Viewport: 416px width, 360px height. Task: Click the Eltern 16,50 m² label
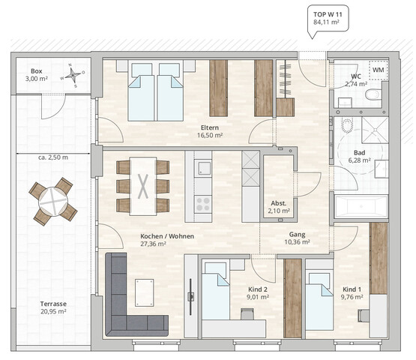(x=210, y=132)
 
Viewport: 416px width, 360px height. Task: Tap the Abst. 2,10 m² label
(x=279, y=207)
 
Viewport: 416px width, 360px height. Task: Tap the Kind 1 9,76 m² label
(x=352, y=292)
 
